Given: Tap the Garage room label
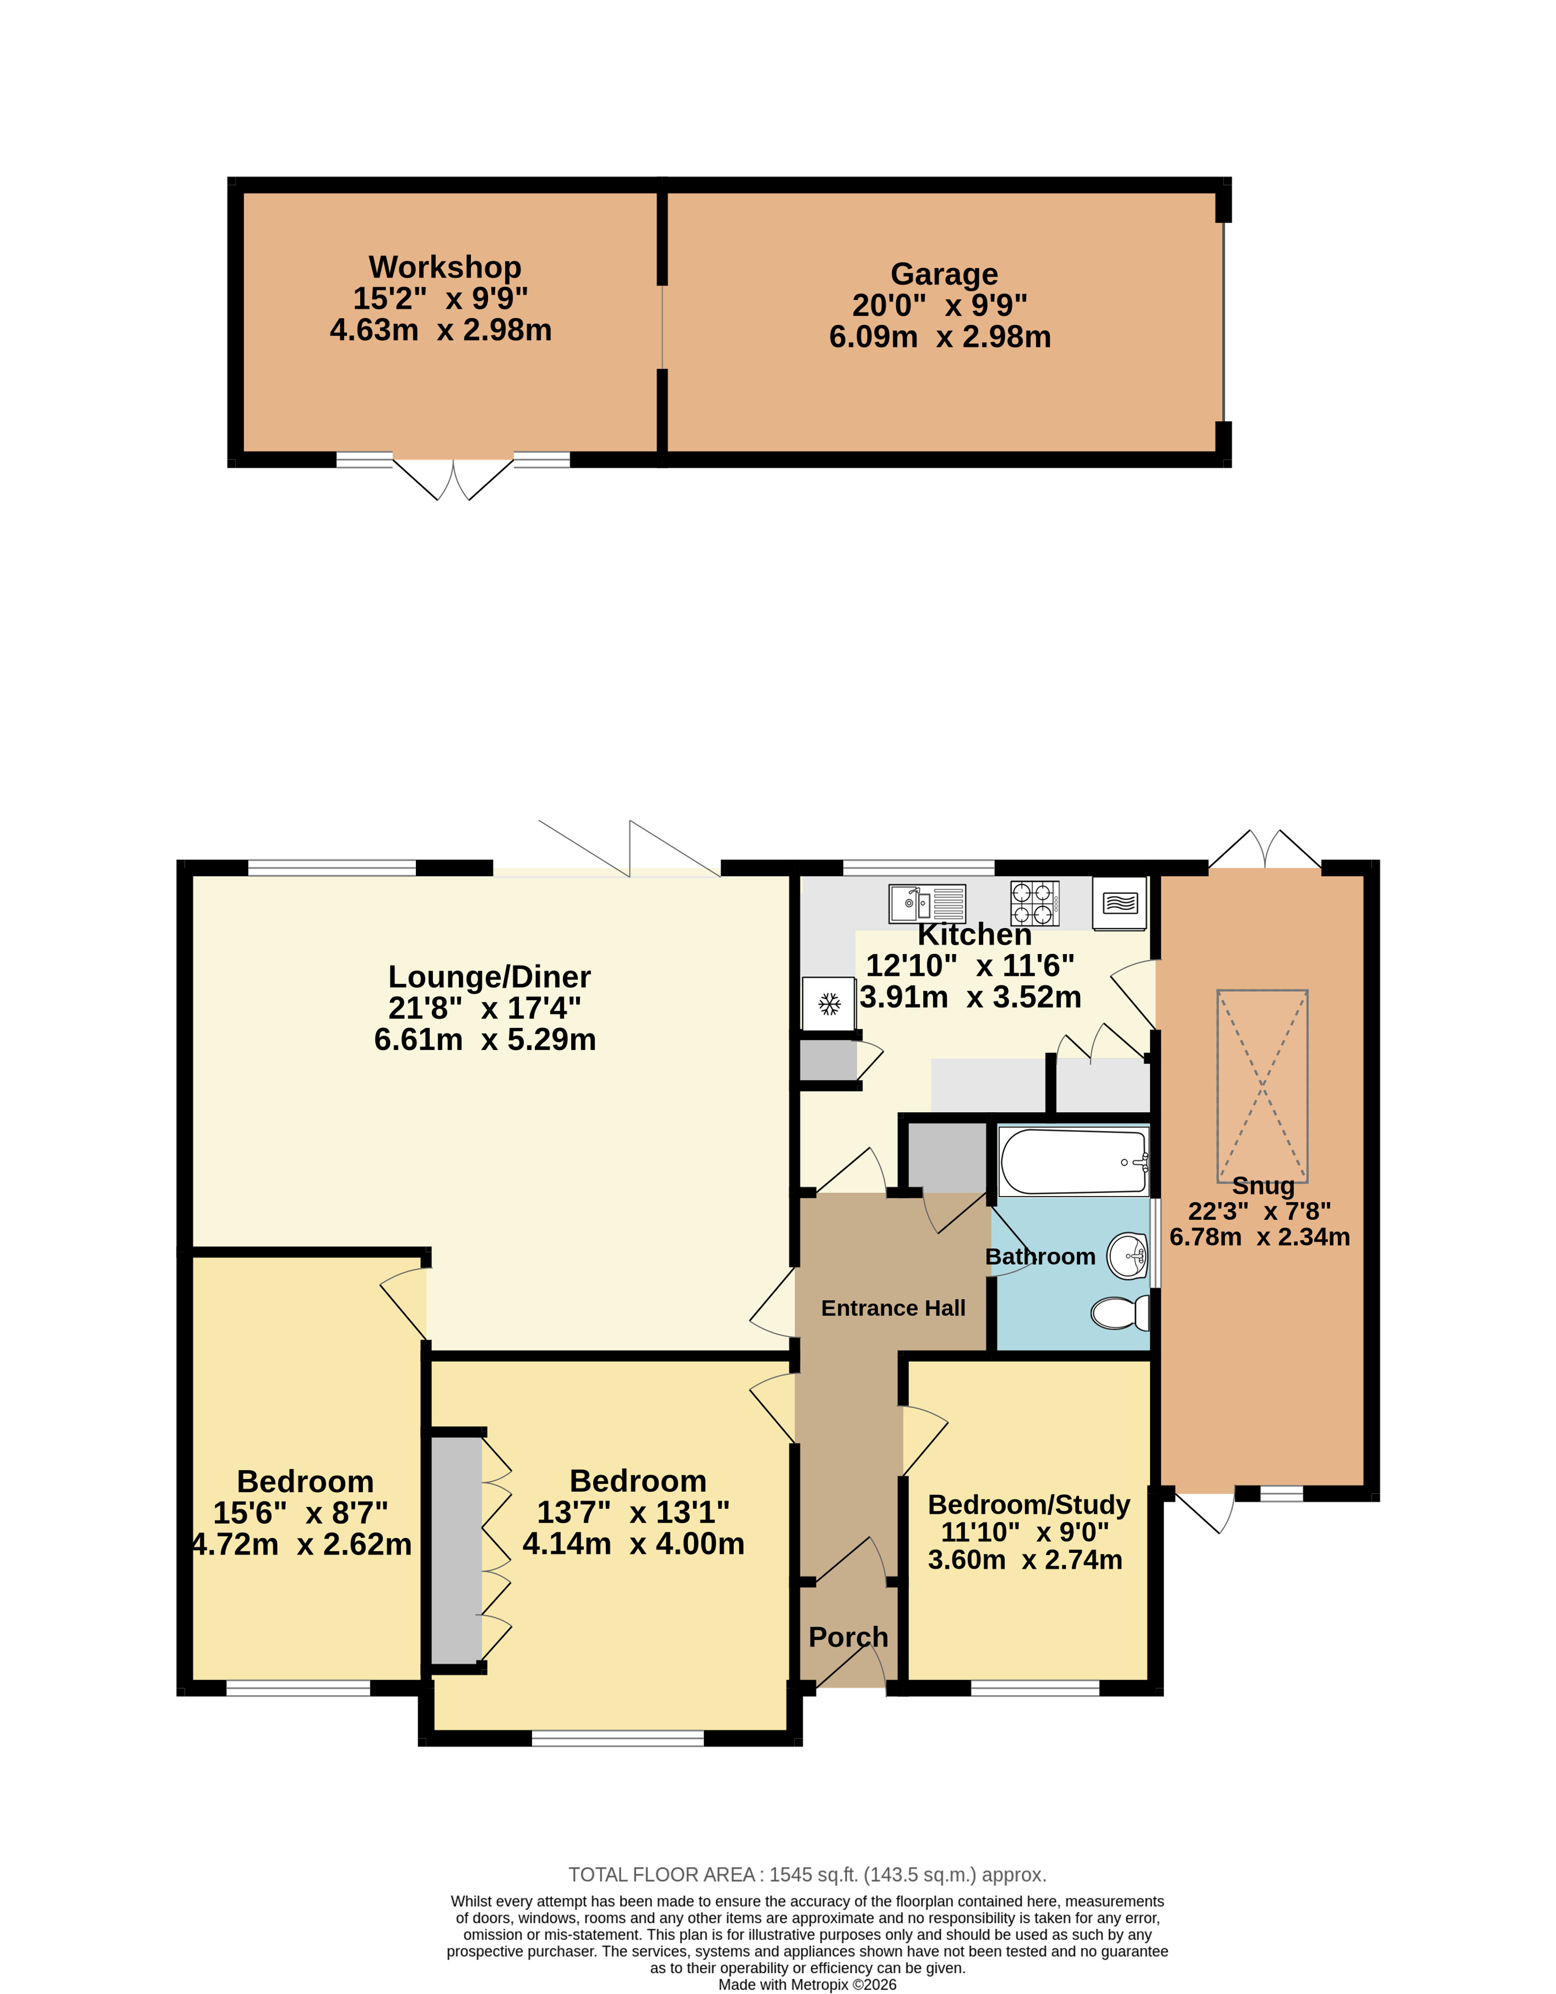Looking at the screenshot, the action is coord(944,274).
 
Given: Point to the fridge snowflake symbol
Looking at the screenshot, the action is coord(829,1004).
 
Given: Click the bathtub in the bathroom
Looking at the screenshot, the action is coord(1073,1162).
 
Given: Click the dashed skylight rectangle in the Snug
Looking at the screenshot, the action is coord(1262,1086).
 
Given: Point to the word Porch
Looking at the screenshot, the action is coord(848,1637).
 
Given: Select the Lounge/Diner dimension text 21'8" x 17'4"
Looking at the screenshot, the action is coord(484,1008).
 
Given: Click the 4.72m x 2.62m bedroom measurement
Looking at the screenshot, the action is coord(301,1544).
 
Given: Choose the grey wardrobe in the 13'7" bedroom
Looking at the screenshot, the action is coord(456,1550).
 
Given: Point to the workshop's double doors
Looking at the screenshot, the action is coord(454,478).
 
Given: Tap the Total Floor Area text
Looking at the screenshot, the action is coord(807,1875).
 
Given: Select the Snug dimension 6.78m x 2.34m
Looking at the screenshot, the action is coord(1259,1237).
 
